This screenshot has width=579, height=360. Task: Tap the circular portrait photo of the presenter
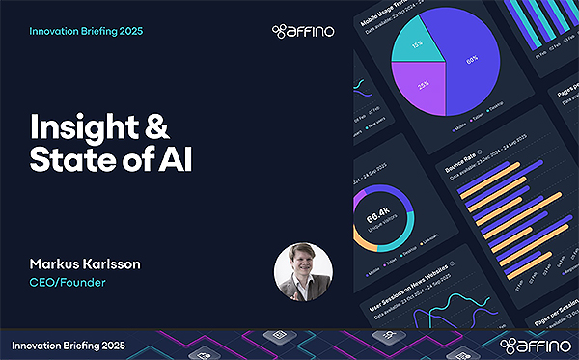[x=303, y=270]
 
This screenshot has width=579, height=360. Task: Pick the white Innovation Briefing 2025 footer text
[x=69, y=345]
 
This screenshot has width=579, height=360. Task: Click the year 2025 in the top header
[x=127, y=31]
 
